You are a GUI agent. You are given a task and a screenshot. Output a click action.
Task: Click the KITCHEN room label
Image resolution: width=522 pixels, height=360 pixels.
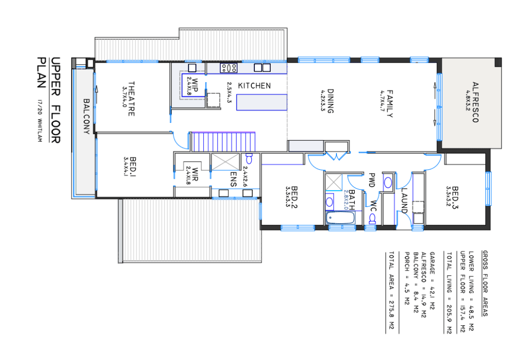[x=254, y=86]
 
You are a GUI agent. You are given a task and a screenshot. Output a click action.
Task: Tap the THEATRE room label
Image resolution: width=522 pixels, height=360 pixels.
[x=131, y=99]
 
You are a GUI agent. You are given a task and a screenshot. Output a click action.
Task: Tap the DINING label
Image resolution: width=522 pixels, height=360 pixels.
[x=330, y=100]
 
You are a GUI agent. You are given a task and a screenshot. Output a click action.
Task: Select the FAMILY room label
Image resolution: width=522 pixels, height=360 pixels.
[x=389, y=104]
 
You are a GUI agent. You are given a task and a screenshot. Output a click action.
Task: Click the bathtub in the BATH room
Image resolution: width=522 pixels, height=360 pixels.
[x=341, y=219]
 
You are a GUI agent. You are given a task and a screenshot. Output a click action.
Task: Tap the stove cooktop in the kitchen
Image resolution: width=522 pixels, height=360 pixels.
[x=228, y=67]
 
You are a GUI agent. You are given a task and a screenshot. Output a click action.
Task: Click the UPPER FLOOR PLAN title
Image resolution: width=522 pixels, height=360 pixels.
[x=49, y=100]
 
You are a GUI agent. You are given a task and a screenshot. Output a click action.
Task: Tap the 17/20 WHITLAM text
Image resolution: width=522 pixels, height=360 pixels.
[x=38, y=120]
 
